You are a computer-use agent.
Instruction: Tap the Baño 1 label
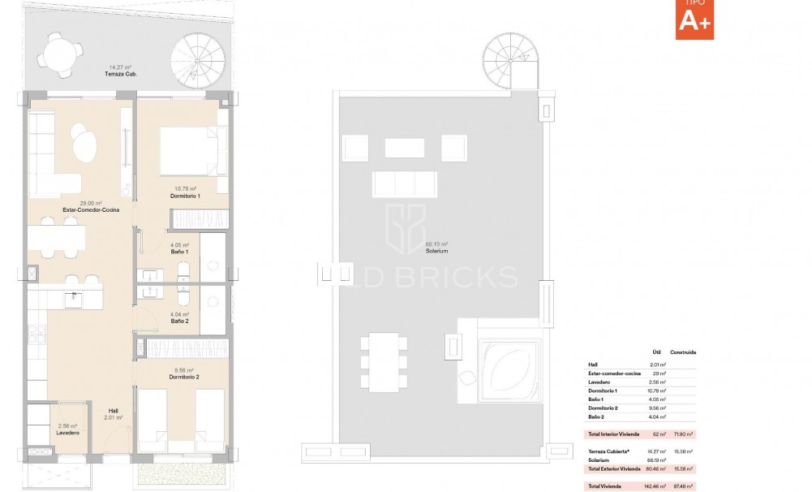pos(179,252)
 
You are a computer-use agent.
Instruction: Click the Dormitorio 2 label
pos(185,377)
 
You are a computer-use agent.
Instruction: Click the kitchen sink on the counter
pos(77,298)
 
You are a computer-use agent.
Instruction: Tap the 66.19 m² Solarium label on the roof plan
pos(436,247)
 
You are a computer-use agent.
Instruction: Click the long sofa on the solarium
pos(404,184)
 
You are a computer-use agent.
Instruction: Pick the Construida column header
pos(684,353)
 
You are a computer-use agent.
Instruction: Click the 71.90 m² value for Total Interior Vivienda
pos(685,436)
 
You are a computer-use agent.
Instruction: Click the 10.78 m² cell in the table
pos(656,390)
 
